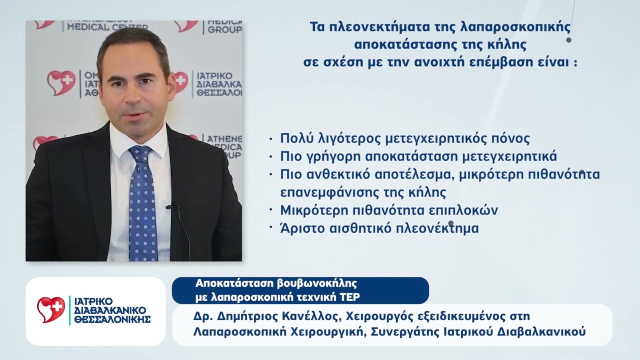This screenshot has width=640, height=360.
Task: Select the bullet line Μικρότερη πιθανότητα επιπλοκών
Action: pos(389,210)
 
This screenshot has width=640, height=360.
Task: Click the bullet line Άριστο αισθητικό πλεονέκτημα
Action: pos(379,228)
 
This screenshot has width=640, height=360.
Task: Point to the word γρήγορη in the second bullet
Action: pos(329,156)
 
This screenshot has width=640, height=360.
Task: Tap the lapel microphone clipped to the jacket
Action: pos(173,206)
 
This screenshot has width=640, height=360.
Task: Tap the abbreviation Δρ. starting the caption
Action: pos(201,316)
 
